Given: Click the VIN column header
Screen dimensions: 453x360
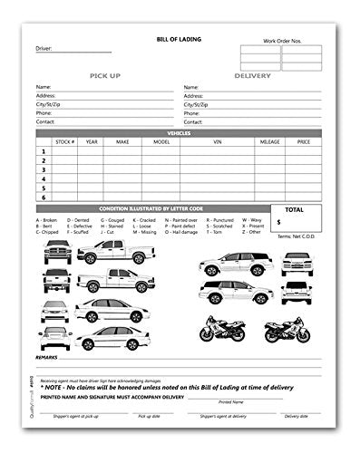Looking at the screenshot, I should point(218,141).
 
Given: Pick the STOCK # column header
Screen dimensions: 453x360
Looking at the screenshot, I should point(63,141).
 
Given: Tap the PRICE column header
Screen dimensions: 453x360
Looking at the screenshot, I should point(304,141).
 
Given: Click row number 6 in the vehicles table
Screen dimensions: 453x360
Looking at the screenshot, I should point(43,196).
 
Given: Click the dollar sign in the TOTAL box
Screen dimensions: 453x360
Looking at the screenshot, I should point(278,221).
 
